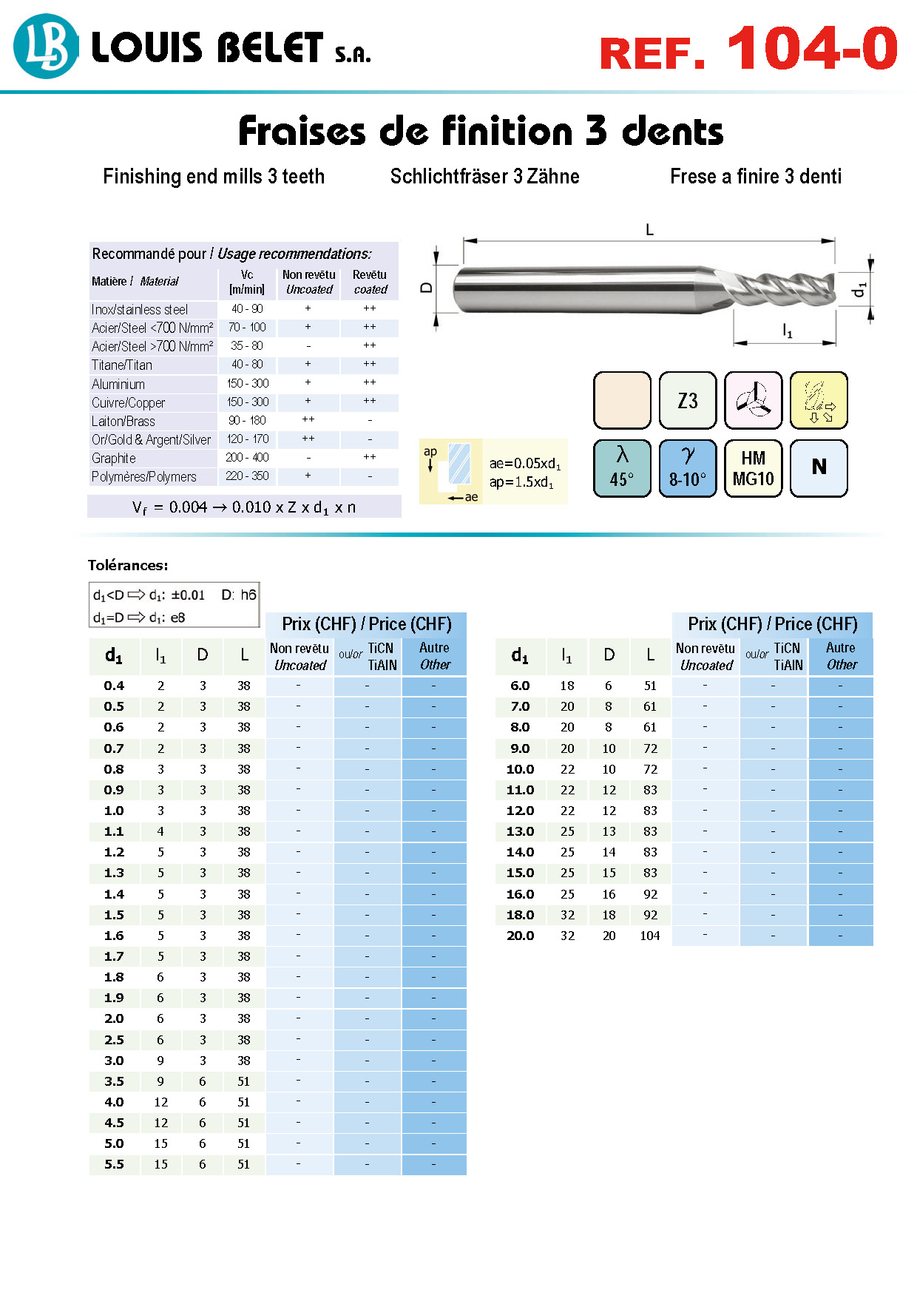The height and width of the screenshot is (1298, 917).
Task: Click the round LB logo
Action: coord(46,47)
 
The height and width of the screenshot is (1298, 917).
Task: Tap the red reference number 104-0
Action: coord(812,49)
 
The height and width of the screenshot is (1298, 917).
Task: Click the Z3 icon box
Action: coord(688,401)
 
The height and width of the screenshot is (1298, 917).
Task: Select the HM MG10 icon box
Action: coord(753,469)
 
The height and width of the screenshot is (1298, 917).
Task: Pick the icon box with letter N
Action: coord(819,469)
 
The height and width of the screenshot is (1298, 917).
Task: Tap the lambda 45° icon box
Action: coord(622,469)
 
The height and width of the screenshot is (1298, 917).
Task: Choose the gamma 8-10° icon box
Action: coord(688,469)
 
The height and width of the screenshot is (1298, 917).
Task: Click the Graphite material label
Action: coord(114,459)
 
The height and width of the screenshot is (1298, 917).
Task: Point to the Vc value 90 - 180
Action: coord(247,420)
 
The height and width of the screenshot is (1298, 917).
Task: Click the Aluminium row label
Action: coord(118,384)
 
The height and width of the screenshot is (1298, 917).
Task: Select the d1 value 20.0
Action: coord(521,936)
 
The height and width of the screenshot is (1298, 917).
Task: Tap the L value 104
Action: coord(650,936)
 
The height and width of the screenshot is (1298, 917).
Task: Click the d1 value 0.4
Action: coord(114,686)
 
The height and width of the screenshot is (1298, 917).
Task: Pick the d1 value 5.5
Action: coord(114,1164)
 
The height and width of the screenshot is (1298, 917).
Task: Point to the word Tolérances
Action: coord(128,565)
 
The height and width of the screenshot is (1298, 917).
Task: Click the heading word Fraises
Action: coord(302,131)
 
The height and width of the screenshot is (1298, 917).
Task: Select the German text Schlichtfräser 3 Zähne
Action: coord(485,176)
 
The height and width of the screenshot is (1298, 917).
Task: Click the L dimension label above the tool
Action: coord(649,230)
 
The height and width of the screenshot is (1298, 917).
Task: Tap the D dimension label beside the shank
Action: coord(427,288)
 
